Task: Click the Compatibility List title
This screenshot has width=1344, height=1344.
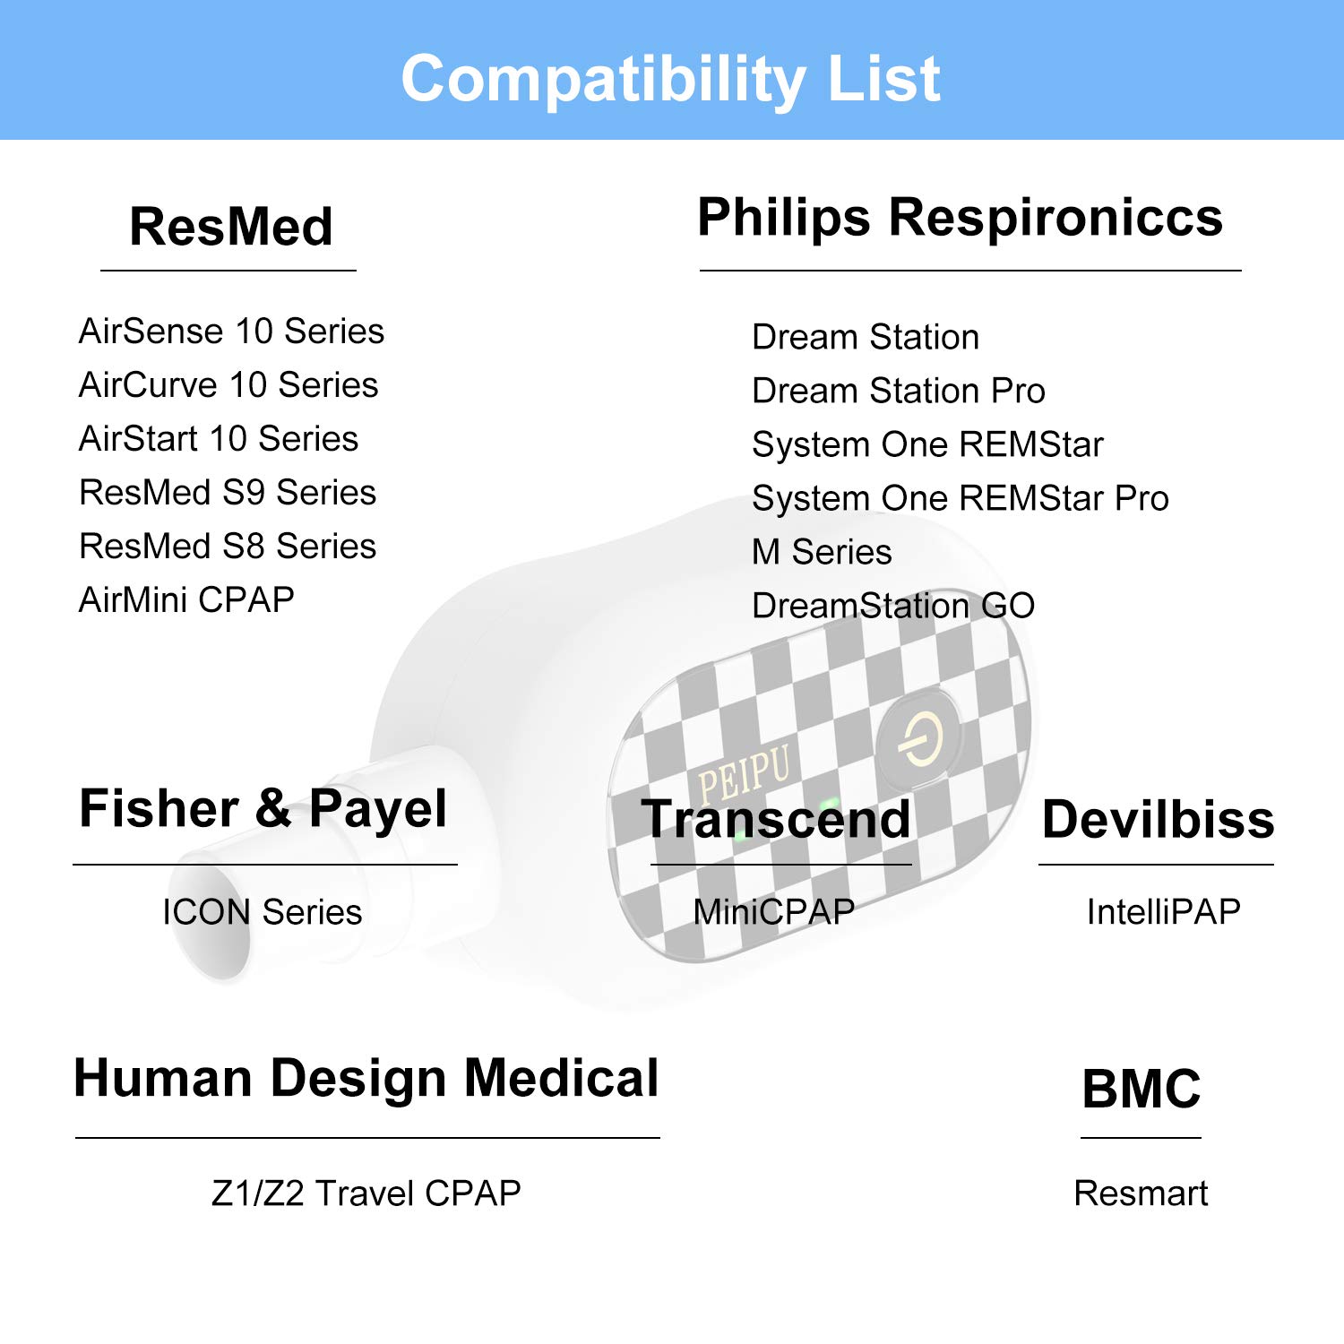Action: pyautogui.click(x=670, y=79)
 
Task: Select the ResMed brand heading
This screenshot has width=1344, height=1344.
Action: pyautogui.click(x=231, y=226)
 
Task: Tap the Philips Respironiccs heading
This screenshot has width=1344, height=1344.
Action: pyautogui.click(x=960, y=219)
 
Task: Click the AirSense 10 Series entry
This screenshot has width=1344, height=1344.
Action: pyautogui.click(x=231, y=332)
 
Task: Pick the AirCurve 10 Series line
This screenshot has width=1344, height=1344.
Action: pyautogui.click(x=228, y=385)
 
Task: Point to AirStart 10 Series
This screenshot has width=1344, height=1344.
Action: pyautogui.click(x=219, y=439)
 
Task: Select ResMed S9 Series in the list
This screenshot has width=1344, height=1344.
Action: pyautogui.click(x=228, y=493)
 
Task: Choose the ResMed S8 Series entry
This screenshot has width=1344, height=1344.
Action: pyautogui.click(x=228, y=547)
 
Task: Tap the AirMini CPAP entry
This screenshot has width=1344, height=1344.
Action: pyautogui.click(x=186, y=599)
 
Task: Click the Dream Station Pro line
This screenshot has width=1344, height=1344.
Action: pyautogui.click(x=899, y=392)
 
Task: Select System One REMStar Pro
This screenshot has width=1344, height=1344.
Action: pyautogui.click(x=961, y=499)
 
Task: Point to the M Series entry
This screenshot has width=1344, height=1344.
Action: pyautogui.click(x=822, y=552)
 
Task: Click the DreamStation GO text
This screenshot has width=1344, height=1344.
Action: pyautogui.click(x=893, y=606)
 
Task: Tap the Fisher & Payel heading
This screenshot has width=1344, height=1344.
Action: pyautogui.click(x=263, y=810)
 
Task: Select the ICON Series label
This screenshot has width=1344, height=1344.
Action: pyautogui.click(x=262, y=912)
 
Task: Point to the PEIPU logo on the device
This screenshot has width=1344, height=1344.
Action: pyautogui.click(x=744, y=773)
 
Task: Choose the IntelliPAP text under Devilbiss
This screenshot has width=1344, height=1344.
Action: pyautogui.click(x=1163, y=912)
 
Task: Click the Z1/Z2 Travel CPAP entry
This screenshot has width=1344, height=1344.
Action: pyautogui.click(x=366, y=1193)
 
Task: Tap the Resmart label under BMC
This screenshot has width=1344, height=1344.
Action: pyautogui.click(x=1141, y=1193)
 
